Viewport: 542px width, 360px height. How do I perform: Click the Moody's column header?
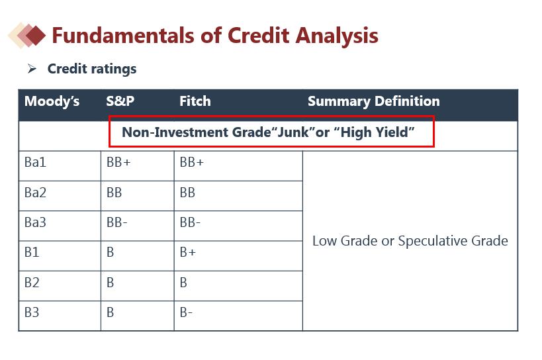52,101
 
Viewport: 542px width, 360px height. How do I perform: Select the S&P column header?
120,101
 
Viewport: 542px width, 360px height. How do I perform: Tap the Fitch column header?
195,101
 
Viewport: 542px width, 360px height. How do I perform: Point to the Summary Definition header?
374,101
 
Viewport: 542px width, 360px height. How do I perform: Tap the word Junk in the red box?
293,132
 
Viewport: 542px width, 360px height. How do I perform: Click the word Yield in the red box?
391,132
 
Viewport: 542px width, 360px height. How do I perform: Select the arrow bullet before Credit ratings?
32,68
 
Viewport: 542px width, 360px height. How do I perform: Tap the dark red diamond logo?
35,35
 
